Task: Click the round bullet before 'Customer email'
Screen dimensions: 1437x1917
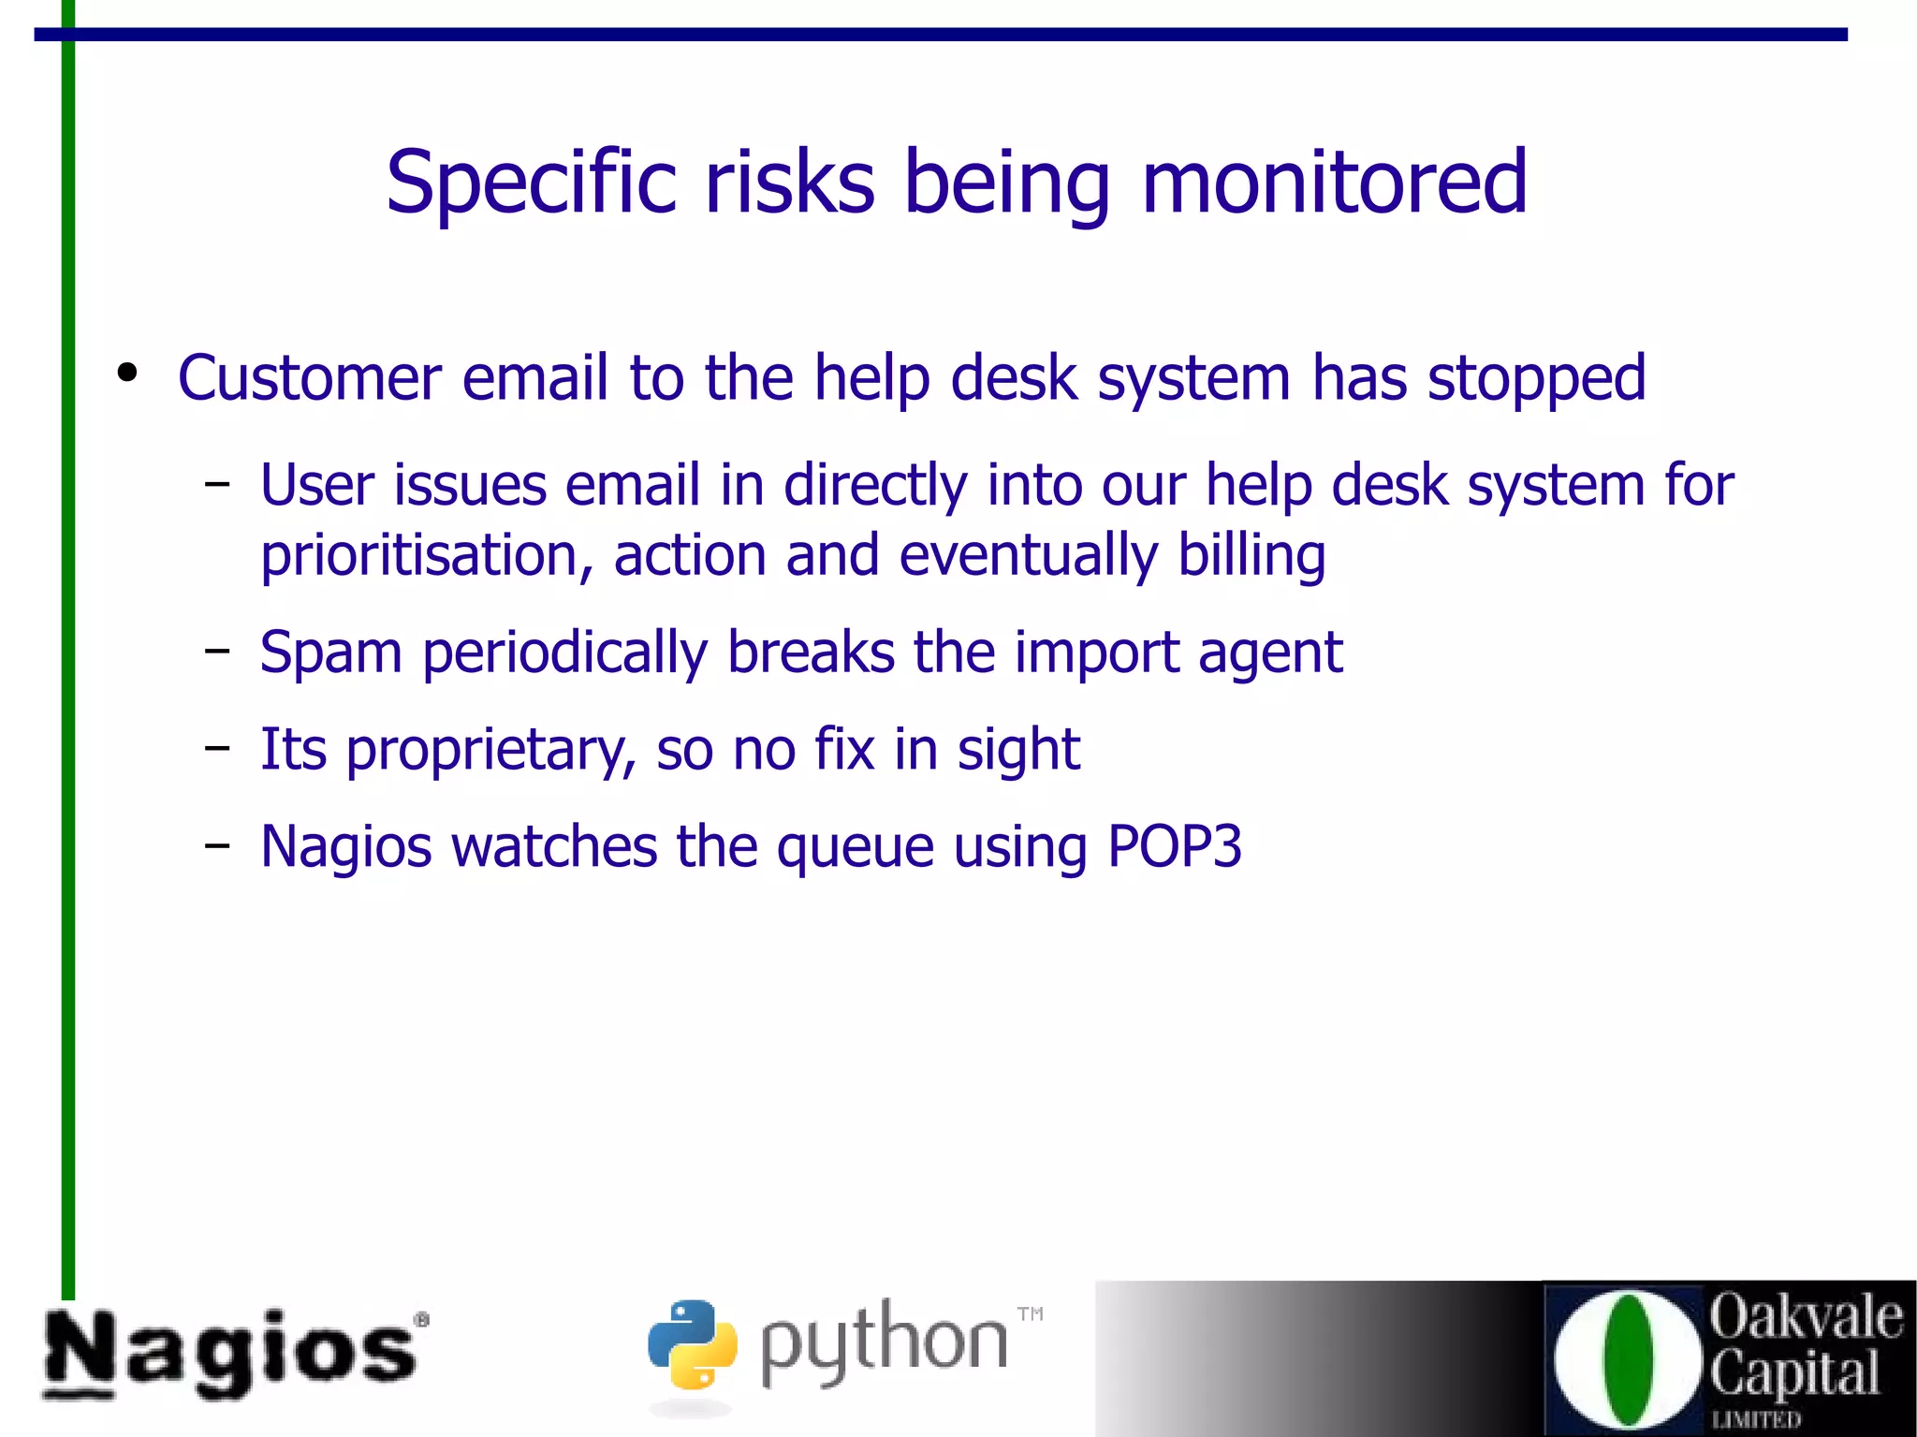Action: coord(127,373)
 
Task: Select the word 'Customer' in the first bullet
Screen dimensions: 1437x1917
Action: coord(309,378)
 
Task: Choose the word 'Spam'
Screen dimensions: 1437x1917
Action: coord(330,654)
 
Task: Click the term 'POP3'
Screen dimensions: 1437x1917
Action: coord(1174,846)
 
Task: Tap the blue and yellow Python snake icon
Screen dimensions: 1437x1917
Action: coord(692,1344)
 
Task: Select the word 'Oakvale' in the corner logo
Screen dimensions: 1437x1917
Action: coord(1806,1316)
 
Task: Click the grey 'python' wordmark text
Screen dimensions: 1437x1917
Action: coord(884,1344)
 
